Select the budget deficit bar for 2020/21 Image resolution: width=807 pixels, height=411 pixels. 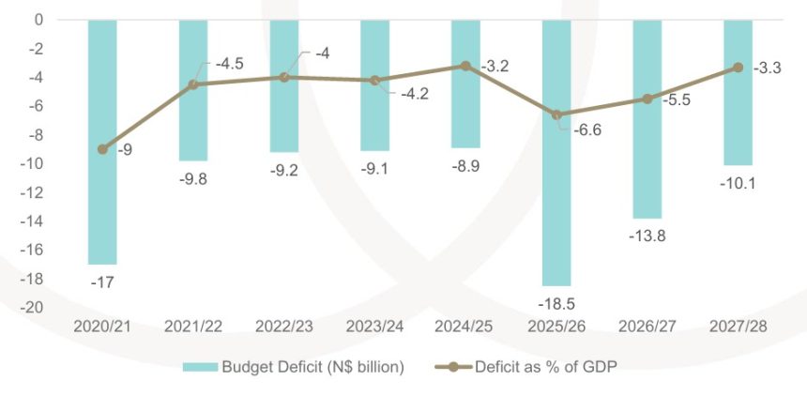[101, 141]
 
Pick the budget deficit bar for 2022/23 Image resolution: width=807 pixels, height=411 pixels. [283, 85]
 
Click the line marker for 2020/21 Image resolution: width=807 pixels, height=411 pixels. [102, 149]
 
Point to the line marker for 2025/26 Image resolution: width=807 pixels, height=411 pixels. [556, 114]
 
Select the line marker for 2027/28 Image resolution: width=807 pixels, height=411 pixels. [738, 68]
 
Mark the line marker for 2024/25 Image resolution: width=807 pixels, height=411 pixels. [465, 66]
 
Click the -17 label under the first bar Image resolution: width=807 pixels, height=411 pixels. [102, 282]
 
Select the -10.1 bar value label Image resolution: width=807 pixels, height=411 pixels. [738, 184]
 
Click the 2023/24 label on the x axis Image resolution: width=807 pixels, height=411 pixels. [374, 327]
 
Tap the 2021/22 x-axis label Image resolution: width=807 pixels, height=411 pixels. [193, 327]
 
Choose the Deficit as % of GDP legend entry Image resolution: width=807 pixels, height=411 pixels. [540, 367]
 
